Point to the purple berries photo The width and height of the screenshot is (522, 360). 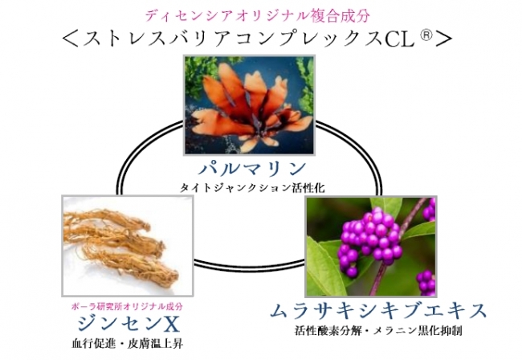coord(370,246)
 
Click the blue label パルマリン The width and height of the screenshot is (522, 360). coord(255,170)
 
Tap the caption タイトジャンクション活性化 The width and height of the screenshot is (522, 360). coord(254,189)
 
